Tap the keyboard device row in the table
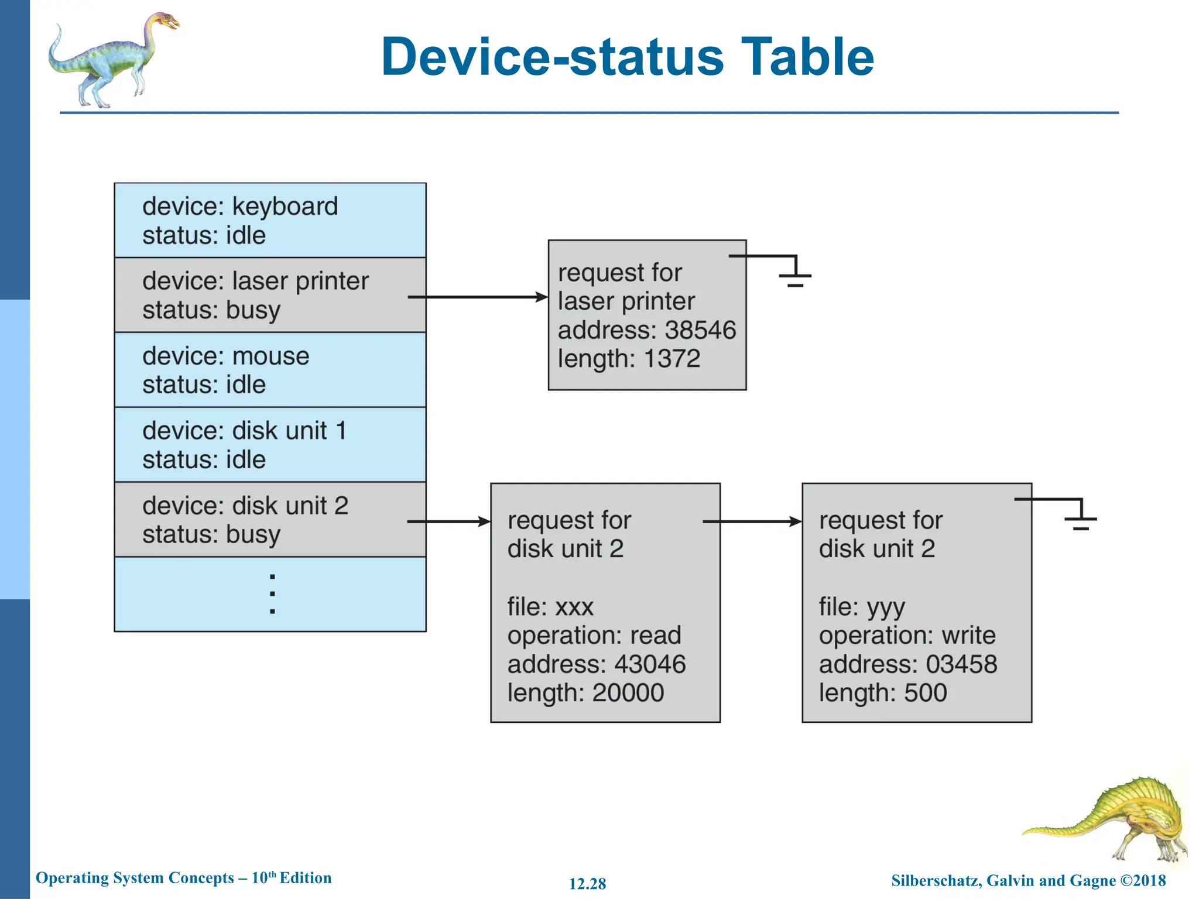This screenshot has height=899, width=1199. [x=269, y=221]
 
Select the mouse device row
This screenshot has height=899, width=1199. [x=269, y=370]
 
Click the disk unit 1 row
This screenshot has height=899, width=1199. [x=269, y=445]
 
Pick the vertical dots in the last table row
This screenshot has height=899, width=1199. [x=272, y=594]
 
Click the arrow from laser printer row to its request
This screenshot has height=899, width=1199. [x=477, y=297]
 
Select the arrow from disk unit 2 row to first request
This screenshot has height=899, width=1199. [x=448, y=521]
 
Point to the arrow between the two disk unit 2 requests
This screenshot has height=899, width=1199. [x=752, y=521]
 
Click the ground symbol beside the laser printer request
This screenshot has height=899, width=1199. [x=794, y=275]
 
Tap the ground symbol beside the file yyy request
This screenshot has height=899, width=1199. [x=1080, y=519]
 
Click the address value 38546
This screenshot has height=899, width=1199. [x=700, y=330]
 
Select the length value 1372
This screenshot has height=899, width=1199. [x=672, y=359]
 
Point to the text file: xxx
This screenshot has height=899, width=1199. [x=550, y=607]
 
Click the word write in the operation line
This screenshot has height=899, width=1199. [x=968, y=636]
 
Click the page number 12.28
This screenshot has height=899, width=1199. [x=587, y=884]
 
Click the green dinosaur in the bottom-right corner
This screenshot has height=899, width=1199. [x=1112, y=819]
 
